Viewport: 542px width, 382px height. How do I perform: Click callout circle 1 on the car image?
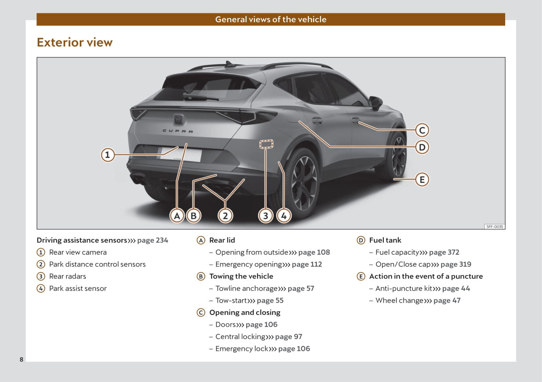(108, 155)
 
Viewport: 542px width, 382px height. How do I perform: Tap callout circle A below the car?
(177, 215)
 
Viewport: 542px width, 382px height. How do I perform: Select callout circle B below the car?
(193, 215)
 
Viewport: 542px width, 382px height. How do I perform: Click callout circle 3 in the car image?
(266, 215)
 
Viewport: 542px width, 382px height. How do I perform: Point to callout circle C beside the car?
(422, 130)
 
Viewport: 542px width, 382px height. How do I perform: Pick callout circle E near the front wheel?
(422, 179)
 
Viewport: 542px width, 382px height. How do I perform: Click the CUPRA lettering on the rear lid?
(178, 131)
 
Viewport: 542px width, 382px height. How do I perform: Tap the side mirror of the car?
(376, 102)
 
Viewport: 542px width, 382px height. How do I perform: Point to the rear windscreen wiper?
(201, 97)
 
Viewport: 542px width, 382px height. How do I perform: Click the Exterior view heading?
(75, 42)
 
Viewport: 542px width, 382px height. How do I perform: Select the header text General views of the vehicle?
(271, 19)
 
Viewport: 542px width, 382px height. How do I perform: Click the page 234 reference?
(153, 240)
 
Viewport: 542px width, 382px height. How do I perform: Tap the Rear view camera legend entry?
(78, 252)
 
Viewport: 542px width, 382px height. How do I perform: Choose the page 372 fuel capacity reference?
(444, 252)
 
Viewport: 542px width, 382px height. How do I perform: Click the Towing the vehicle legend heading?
(241, 276)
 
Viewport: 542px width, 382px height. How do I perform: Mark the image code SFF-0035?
(495, 227)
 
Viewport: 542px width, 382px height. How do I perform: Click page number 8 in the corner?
(21, 359)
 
